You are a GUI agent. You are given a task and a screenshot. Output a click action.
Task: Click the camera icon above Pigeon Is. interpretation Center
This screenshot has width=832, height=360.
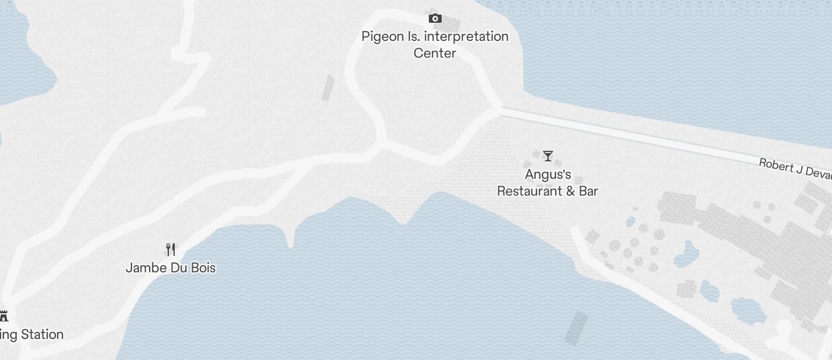(435, 18)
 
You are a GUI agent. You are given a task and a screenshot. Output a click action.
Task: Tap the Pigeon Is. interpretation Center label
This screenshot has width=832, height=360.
(435, 44)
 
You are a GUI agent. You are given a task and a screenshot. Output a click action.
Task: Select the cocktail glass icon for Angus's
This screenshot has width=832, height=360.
(547, 156)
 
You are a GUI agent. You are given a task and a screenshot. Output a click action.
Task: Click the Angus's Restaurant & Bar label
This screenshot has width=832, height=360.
(547, 183)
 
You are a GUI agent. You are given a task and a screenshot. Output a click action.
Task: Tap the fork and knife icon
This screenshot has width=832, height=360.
(171, 250)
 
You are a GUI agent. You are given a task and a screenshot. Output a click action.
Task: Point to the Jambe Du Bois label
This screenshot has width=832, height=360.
(171, 268)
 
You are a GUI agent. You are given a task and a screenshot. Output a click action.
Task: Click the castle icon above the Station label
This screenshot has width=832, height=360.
(4, 316)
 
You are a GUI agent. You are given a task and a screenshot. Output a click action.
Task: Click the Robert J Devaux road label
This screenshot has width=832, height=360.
(795, 169)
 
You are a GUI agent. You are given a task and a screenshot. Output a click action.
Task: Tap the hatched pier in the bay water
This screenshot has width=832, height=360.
(576, 327)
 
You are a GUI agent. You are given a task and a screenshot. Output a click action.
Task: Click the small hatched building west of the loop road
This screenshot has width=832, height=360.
(328, 88)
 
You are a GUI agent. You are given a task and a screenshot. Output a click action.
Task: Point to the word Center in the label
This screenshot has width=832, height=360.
(435, 53)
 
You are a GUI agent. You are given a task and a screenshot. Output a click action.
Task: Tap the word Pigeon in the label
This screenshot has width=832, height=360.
(383, 37)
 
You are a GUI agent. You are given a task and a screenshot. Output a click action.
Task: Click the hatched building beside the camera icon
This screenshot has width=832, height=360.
(450, 23)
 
